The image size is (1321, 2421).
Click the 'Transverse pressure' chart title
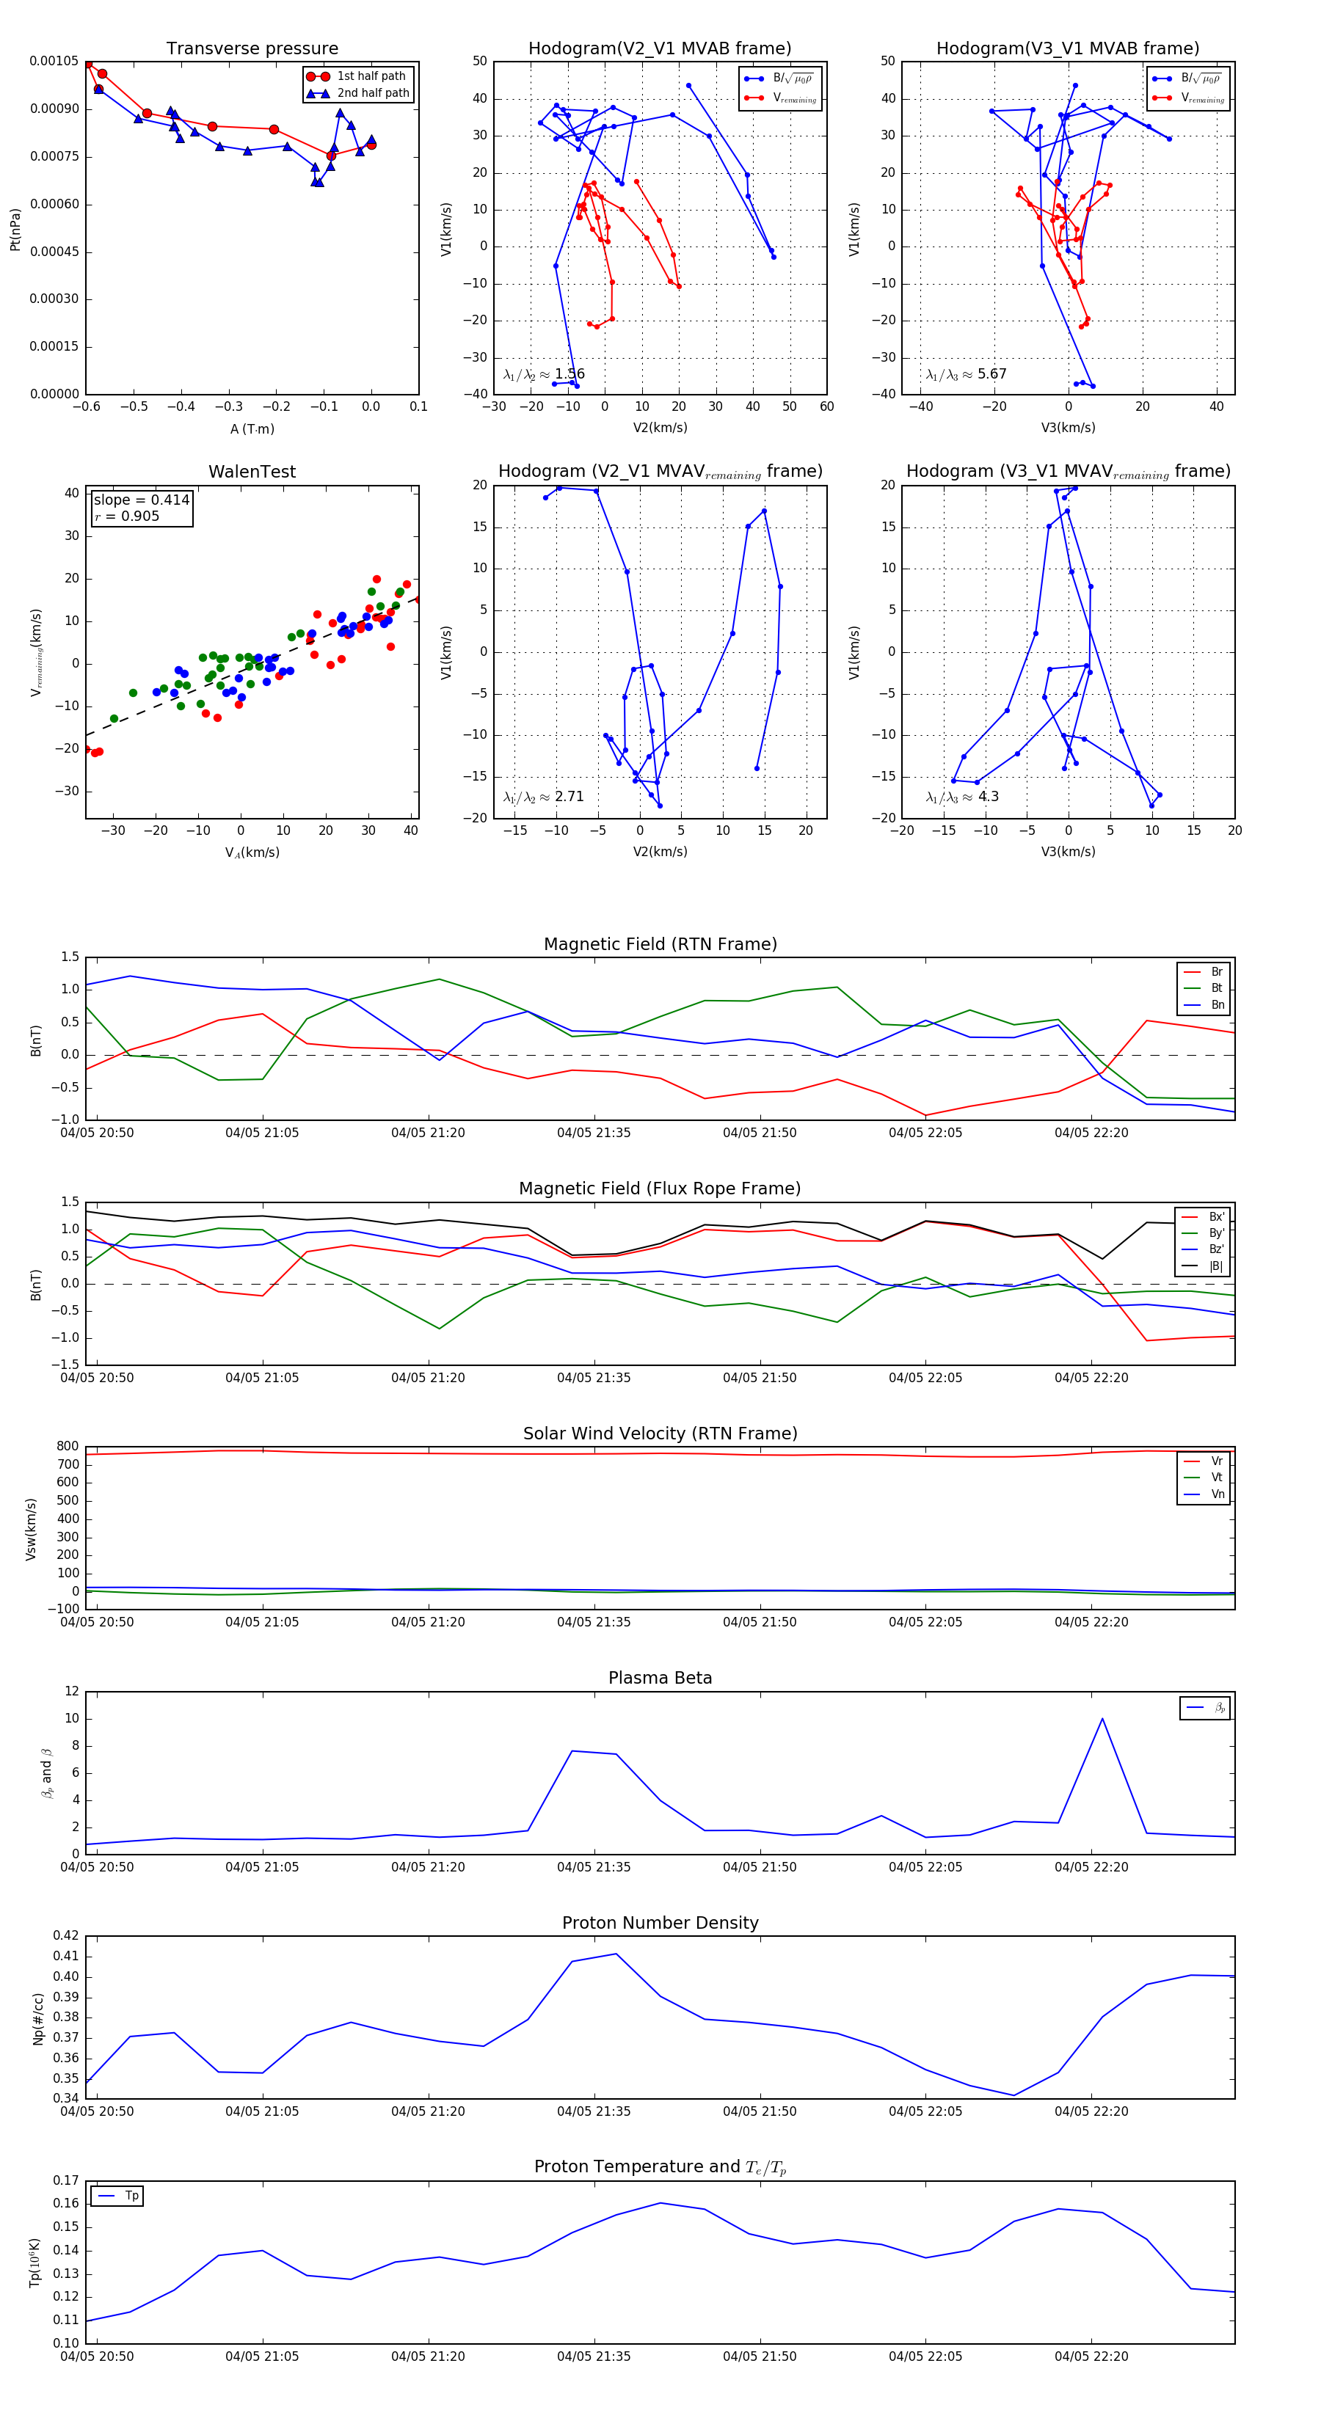point(252,49)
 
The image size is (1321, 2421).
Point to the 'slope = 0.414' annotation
point(141,500)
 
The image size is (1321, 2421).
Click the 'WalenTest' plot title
point(252,472)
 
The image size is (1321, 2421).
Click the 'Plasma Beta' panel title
point(660,1678)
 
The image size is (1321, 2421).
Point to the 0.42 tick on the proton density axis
point(66,1935)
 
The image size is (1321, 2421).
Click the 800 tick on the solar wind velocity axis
point(68,1447)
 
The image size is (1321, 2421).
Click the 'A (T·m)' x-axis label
point(252,429)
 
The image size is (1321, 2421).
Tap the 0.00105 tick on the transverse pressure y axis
point(54,61)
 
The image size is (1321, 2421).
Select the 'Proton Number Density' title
point(660,1922)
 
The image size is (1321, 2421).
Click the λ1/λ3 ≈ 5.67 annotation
point(966,374)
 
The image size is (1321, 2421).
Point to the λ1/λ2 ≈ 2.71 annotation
point(543,797)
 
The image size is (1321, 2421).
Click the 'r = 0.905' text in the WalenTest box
point(127,516)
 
